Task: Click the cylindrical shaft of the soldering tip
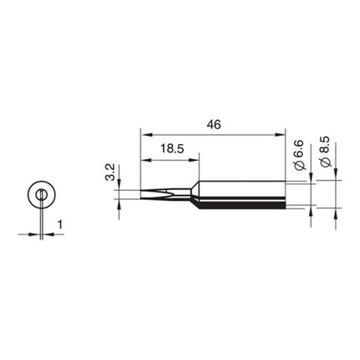coord(251,192)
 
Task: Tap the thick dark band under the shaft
coord(251,205)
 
